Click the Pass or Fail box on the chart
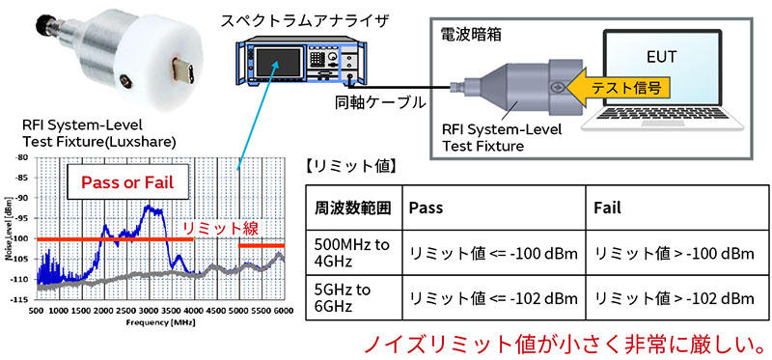pos(127,182)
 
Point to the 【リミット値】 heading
pos(348,166)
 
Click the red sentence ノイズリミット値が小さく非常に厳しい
pos(560,343)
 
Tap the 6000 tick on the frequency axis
pos(282,313)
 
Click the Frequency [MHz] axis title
pos(158,321)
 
